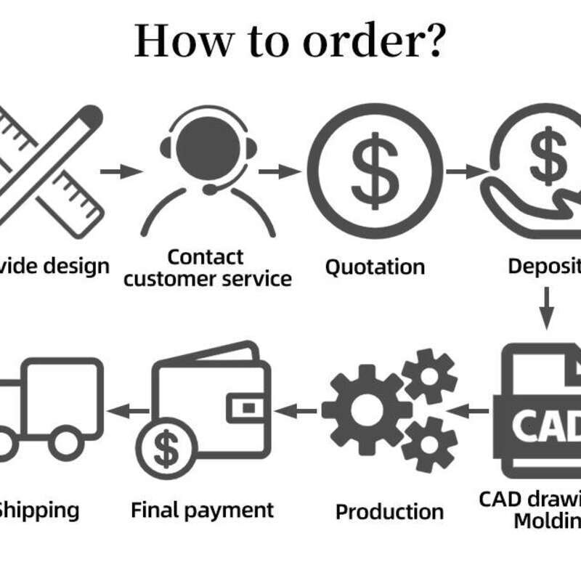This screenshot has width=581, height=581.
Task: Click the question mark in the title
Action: [431, 41]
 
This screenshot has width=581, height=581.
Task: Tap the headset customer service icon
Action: [208, 171]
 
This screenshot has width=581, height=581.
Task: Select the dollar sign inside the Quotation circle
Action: [375, 171]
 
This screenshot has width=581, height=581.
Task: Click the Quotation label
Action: [375, 267]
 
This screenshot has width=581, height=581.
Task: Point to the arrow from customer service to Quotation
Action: [280, 171]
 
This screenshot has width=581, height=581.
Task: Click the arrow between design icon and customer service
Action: [121, 171]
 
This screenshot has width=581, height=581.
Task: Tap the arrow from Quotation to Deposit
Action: [466, 171]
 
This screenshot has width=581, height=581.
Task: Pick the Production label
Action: [389, 511]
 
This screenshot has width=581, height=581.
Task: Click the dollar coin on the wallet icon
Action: [166, 450]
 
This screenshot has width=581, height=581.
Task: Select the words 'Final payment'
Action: [203, 510]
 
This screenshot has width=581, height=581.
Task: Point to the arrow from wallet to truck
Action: [128, 411]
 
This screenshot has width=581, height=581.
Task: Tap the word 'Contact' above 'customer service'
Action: [206, 256]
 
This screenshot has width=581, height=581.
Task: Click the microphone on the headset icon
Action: [210, 190]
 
